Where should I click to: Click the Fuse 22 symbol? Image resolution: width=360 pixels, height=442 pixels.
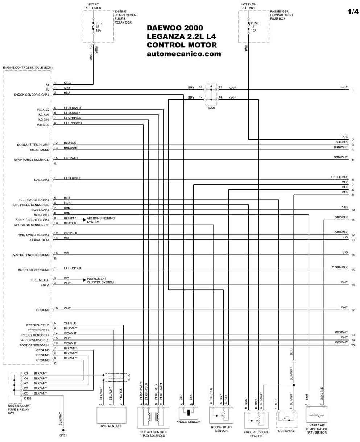(93, 26)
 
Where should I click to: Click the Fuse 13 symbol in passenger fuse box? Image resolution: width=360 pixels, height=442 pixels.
(248, 26)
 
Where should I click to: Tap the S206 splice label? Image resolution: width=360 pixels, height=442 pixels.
(212, 108)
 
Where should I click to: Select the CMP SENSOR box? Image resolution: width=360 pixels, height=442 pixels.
(112, 415)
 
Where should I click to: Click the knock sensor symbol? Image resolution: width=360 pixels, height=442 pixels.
(188, 413)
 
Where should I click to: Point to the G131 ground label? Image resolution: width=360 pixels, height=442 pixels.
(63, 435)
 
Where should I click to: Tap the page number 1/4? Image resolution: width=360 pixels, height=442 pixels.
(353, 12)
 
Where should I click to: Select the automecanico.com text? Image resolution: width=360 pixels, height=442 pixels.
(184, 54)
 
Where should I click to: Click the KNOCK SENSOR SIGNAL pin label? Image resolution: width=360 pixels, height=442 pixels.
(32, 95)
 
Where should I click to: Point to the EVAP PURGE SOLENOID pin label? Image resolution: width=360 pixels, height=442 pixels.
(32, 160)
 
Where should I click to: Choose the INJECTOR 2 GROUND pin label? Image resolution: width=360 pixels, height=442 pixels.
(34, 270)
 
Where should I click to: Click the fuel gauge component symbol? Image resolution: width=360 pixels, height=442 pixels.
(286, 420)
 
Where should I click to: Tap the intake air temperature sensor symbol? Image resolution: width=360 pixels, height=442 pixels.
(316, 414)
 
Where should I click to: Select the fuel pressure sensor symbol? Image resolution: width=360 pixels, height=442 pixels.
(256, 420)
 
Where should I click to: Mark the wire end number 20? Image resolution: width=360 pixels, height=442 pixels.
(353, 345)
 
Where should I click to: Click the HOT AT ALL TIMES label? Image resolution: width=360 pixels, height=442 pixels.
(93, 6)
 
